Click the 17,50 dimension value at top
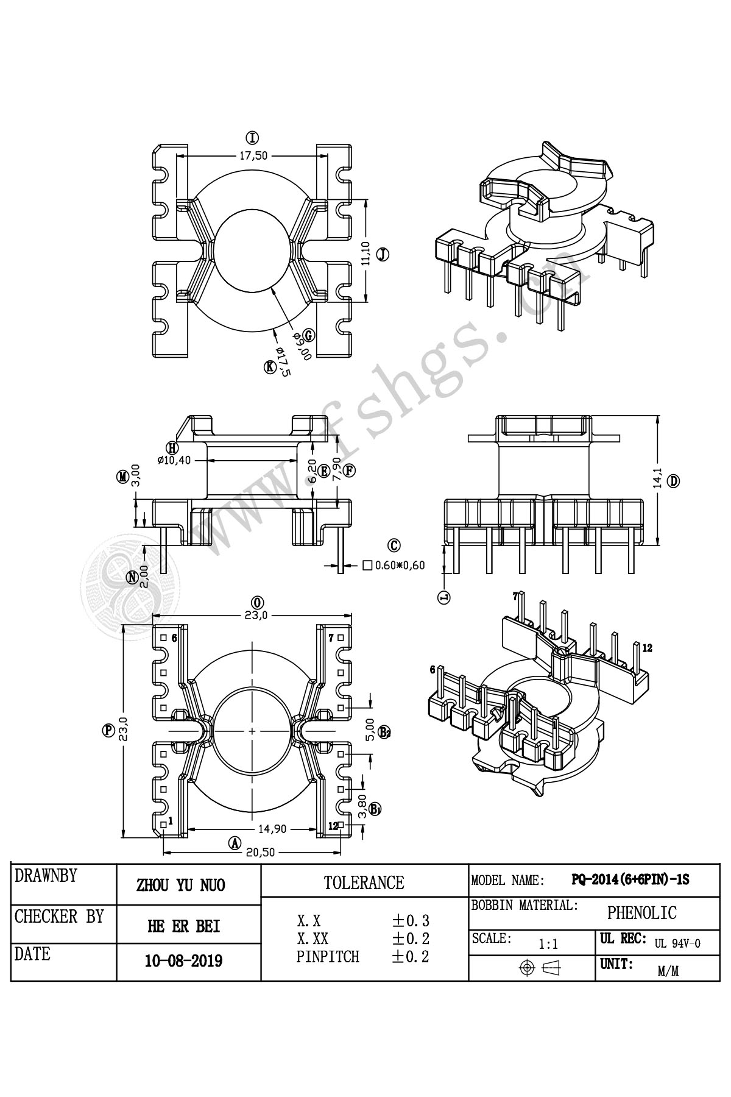(x=253, y=155)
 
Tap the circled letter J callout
(x=383, y=255)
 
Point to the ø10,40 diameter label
(x=174, y=460)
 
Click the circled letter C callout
(x=394, y=544)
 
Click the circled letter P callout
(x=109, y=731)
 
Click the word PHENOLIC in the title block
(x=641, y=912)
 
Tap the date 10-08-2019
(x=183, y=961)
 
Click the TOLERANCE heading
(x=364, y=882)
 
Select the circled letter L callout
(x=444, y=597)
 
